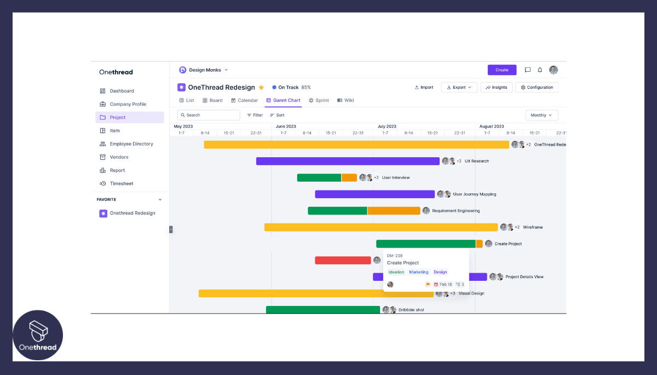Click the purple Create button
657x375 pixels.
tap(502, 70)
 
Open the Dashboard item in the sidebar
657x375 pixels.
tap(122, 91)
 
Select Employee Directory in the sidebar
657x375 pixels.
tap(131, 144)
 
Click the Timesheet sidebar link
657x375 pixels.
tap(121, 183)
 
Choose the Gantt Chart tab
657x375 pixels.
tap(283, 101)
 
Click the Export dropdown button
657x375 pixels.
tap(459, 88)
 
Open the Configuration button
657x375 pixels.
tap(537, 88)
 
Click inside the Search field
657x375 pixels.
tap(209, 116)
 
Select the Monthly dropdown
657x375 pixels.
tap(541, 116)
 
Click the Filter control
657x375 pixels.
tap(255, 116)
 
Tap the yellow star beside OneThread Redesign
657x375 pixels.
tap(261, 88)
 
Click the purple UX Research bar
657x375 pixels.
tap(348, 161)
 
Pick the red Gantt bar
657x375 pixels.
tap(343, 261)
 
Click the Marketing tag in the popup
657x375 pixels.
tap(419, 272)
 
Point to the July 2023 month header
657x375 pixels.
tap(387, 126)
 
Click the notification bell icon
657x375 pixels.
tap(540, 70)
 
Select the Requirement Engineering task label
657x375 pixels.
tap(456, 211)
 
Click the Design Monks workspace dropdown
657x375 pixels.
tap(204, 70)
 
